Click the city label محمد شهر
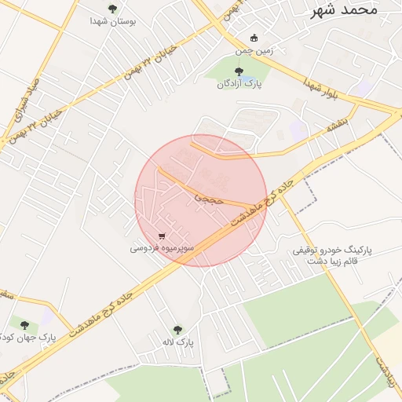point(344,9)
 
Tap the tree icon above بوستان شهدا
point(112,9)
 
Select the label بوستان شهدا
point(115,22)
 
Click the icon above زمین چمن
point(253,38)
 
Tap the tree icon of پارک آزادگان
point(239,71)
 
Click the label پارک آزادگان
point(239,84)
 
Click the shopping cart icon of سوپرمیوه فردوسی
point(162,235)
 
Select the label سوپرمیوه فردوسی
point(160,248)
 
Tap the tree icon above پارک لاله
point(177,330)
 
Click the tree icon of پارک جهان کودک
point(24,325)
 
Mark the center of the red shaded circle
point(201,200)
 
